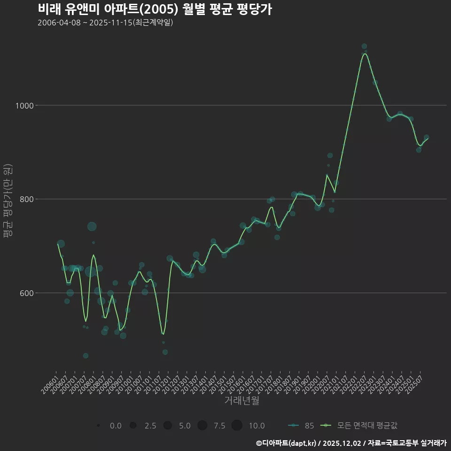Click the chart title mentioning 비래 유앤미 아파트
[x=155, y=9]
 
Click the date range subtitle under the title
[x=105, y=23]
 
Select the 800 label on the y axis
[x=28, y=199]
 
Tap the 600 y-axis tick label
[x=28, y=293]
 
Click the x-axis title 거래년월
[x=241, y=401]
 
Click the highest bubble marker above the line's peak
[x=364, y=46]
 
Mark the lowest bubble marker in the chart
[x=86, y=356]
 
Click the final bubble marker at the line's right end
[x=427, y=138]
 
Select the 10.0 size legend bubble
[x=237, y=426]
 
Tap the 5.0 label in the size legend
[x=185, y=426]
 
